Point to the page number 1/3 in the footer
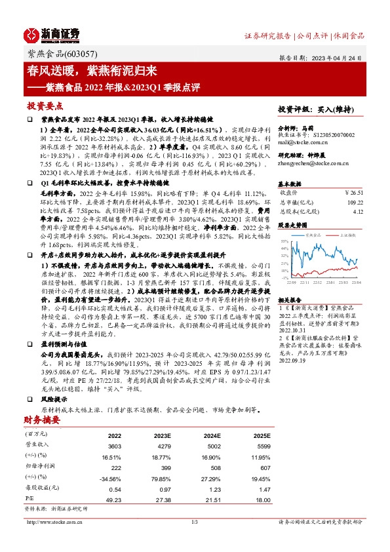coord(194,522)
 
